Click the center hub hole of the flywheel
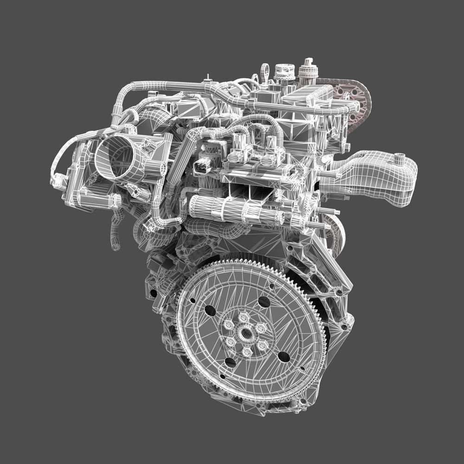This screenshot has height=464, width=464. point(245,333)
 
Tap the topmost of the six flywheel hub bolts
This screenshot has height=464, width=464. point(243,317)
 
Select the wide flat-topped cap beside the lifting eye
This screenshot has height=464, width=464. point(284,72)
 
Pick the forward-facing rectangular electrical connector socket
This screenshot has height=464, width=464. point(203,166)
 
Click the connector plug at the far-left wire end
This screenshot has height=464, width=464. point(58,181)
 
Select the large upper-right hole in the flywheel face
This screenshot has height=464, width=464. point(265,302)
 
